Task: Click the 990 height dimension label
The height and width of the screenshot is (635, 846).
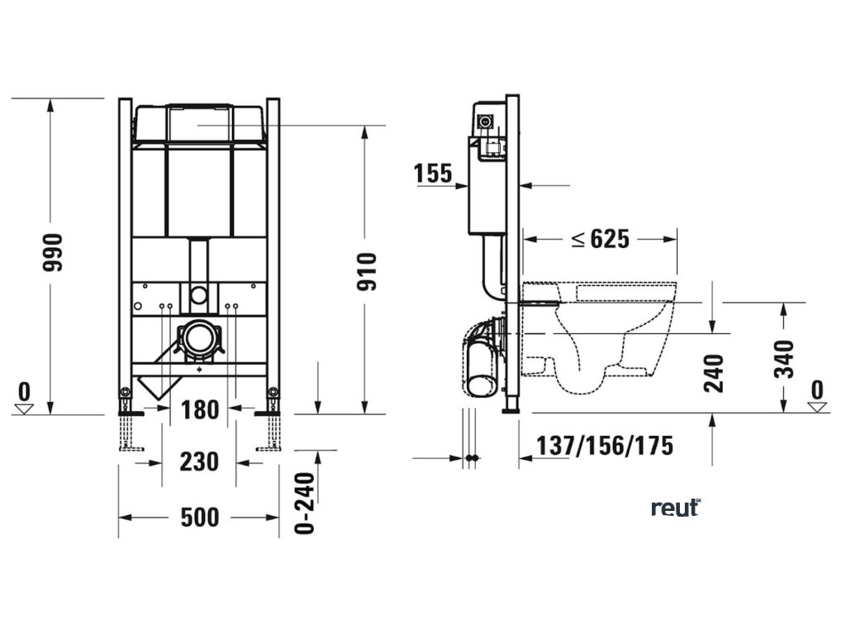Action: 54,253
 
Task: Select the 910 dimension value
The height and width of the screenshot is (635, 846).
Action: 366,271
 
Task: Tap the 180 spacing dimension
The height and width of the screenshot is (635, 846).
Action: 200,410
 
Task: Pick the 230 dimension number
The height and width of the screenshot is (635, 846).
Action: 199,462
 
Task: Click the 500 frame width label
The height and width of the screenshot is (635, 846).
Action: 200,518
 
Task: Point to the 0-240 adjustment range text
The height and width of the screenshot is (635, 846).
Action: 305,504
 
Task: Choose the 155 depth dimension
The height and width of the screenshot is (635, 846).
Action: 433,174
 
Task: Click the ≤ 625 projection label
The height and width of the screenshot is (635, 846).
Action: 601,239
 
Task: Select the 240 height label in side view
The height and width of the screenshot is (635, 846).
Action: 714,373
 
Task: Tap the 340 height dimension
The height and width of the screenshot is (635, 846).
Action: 784,359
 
